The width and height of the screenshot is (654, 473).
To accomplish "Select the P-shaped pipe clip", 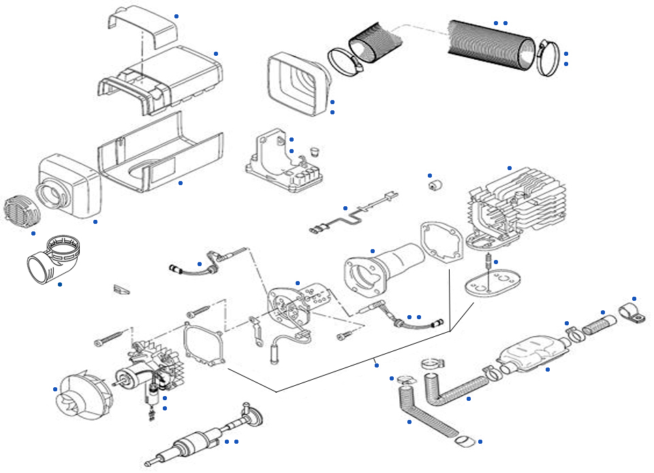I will coord(630,314).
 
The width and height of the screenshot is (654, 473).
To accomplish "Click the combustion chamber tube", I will coord(381,267).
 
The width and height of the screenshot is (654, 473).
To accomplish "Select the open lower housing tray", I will coord(160,153).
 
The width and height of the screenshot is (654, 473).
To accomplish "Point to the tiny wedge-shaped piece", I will coord(121,289).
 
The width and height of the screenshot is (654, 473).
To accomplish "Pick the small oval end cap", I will coord(465,442).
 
